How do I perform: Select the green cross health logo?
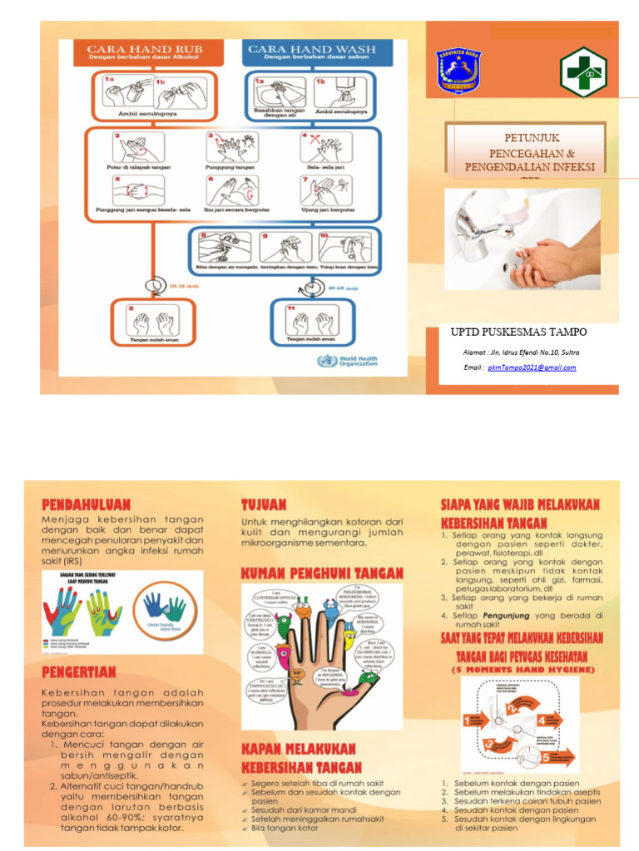[583, 72]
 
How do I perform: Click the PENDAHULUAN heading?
[87, 504]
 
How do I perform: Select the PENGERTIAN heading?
[79, 671]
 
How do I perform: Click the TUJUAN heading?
[264, 504]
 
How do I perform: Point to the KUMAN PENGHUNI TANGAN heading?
[322, 573]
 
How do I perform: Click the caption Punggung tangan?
[230, 167]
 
